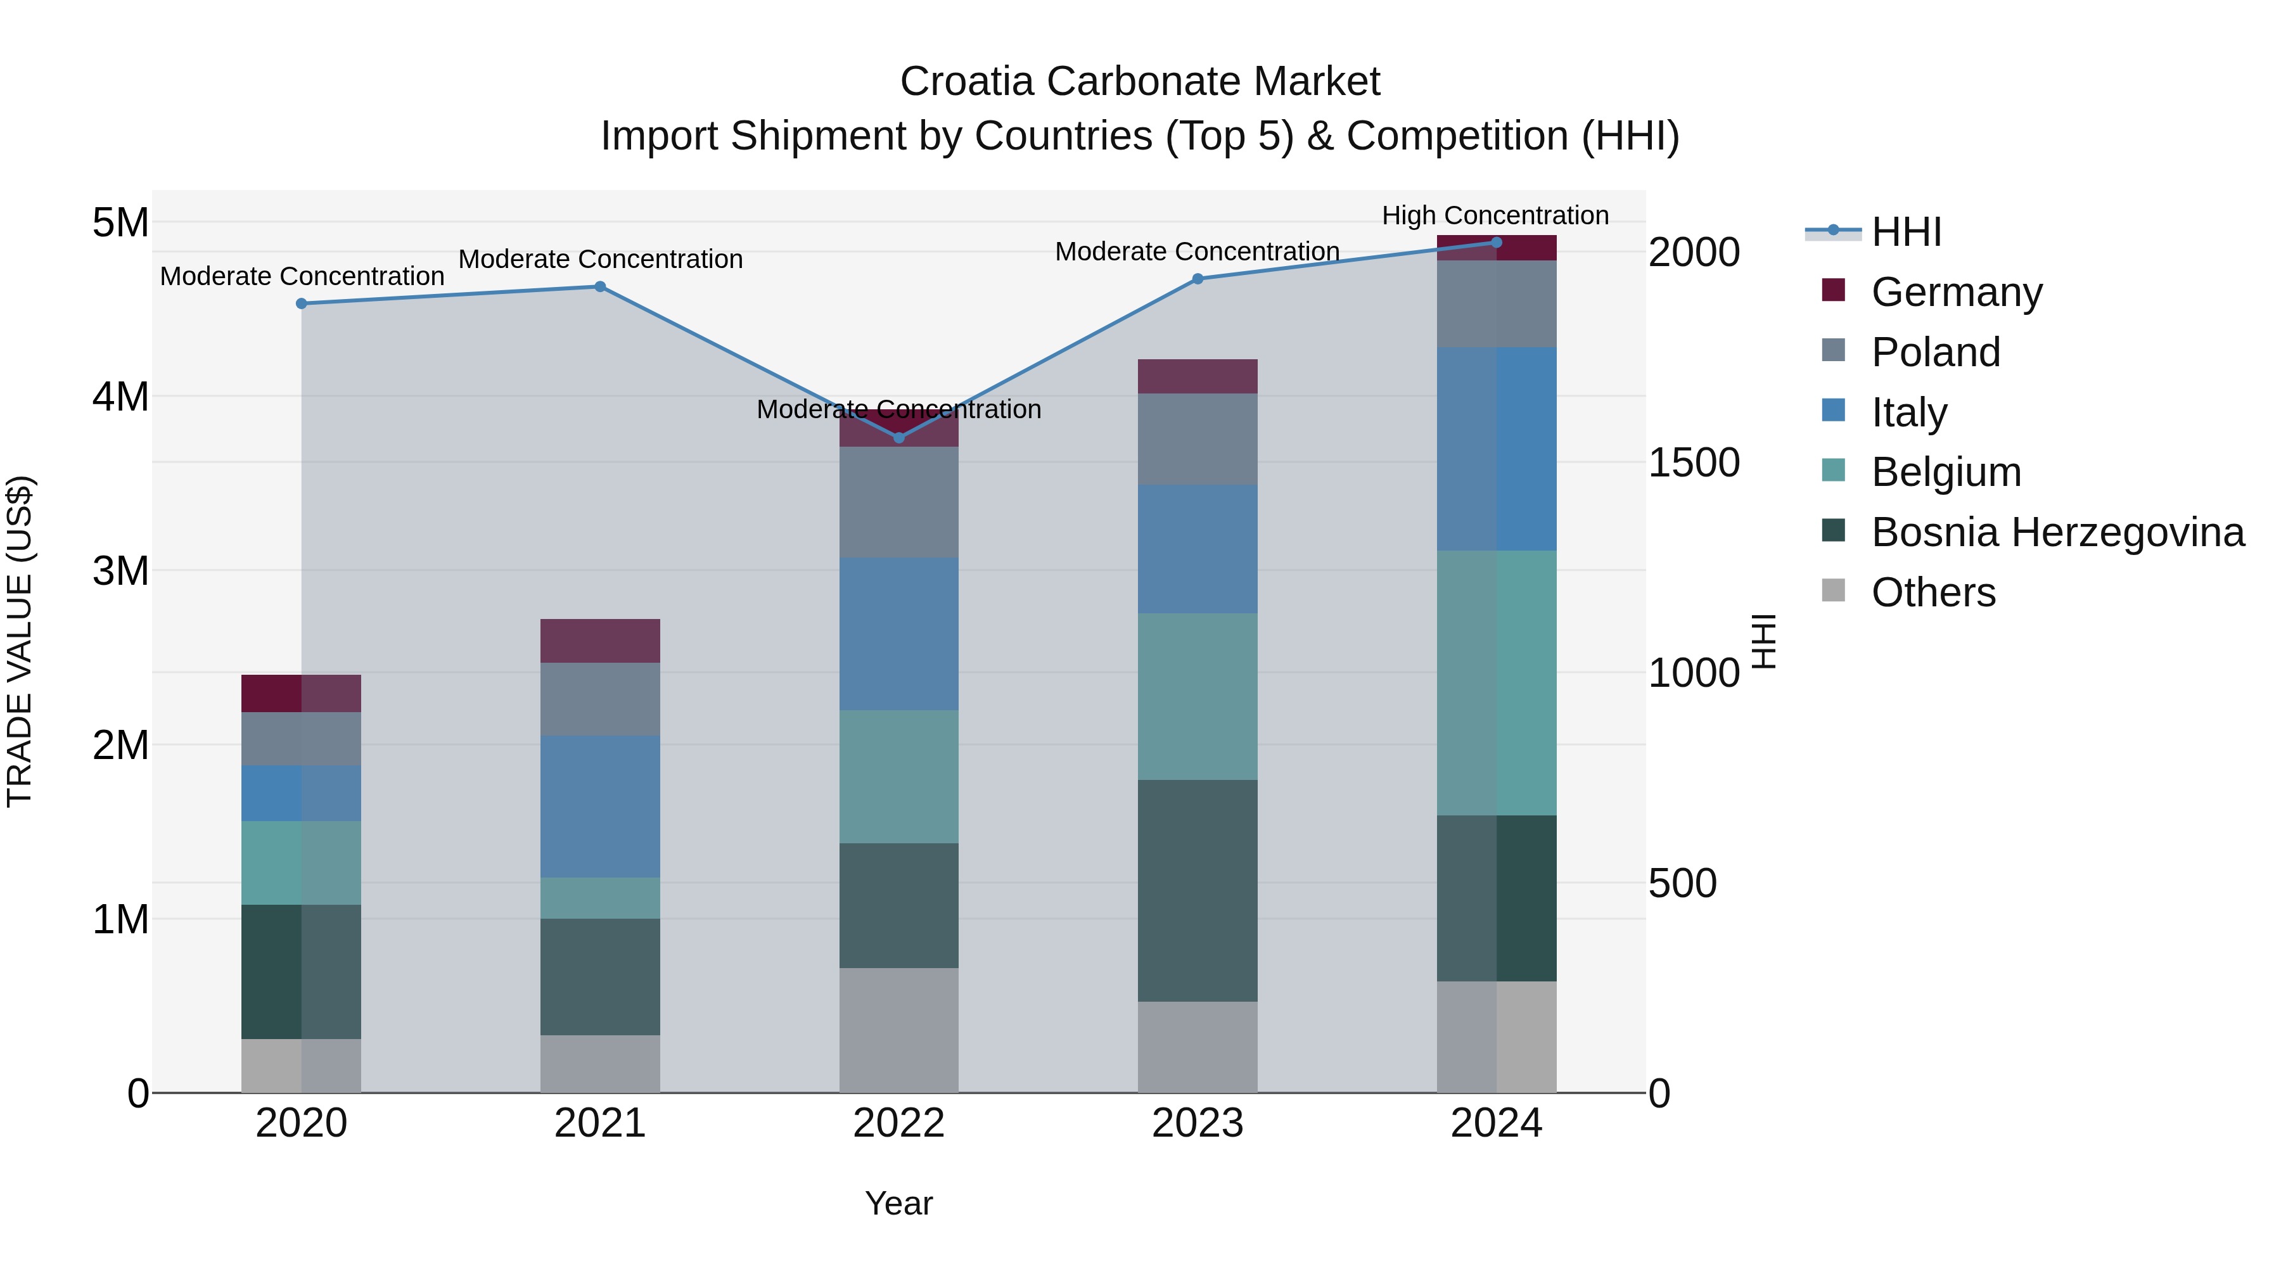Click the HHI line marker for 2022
(x=898, y=437)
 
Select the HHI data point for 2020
(x=301, y=303)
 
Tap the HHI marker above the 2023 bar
(x=1197, y=279)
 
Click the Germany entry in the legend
(x=1956, y=292)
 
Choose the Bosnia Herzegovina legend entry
(x=2057, y=533)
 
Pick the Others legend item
(x=1933, y=592)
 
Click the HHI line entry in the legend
(x=1905, y=232)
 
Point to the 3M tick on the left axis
(x=121, y=571)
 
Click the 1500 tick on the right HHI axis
(x=1693, y=463)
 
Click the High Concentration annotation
(x=1495, y=215)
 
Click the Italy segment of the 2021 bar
(x=599, y=806)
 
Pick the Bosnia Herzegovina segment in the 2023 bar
(x=1197, y=890)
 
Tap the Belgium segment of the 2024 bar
(x=1497, y=682)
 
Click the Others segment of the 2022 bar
(x=898, y=1030)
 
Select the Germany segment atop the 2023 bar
(x=1197, y=376)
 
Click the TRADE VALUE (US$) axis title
(x=20, y=641)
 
